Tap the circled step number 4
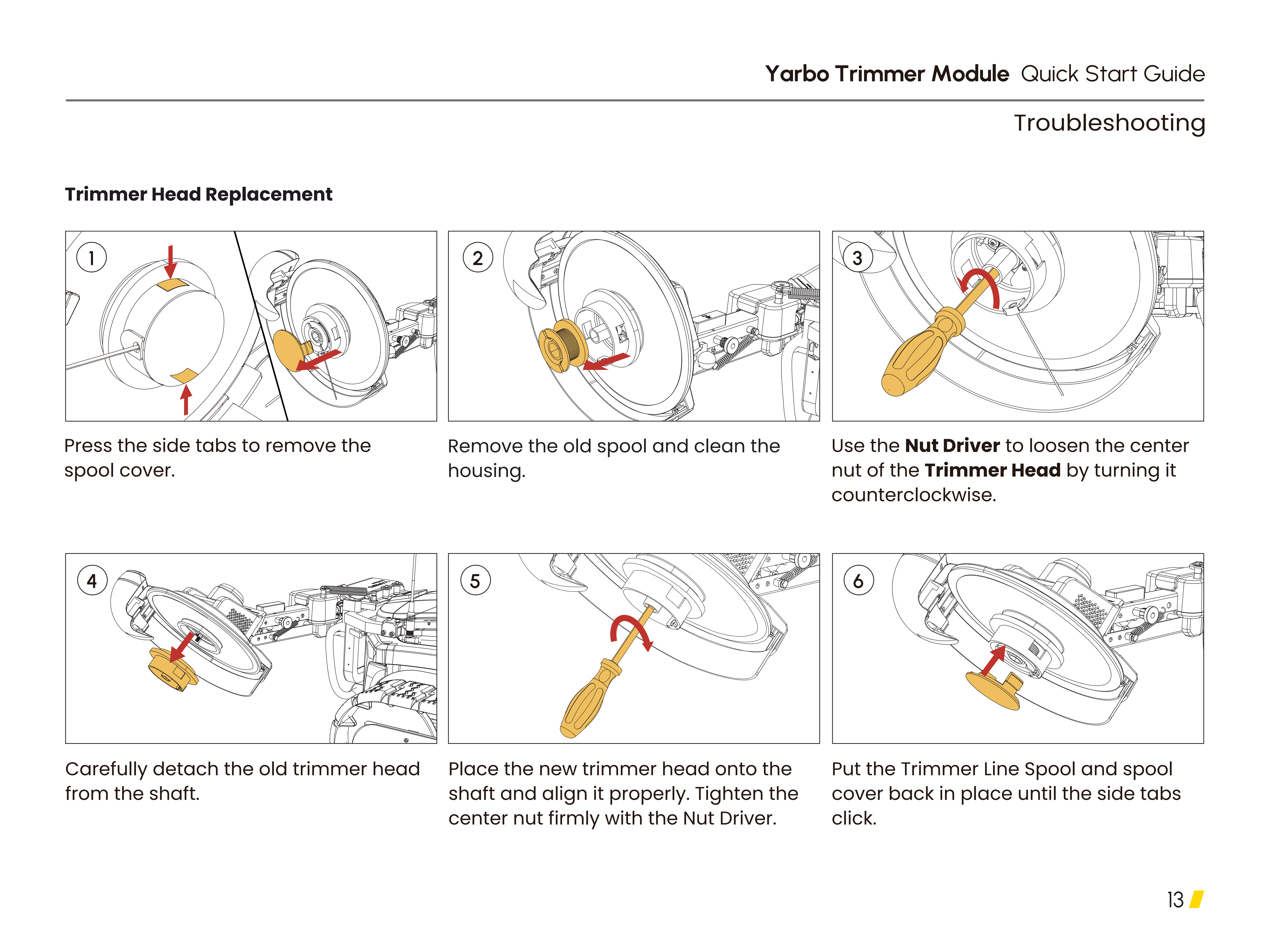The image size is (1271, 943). [x=92, y=580]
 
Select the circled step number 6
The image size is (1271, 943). [x=858, y=580]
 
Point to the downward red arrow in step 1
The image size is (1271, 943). [x=170, y=261]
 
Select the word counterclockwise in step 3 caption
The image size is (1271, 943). [x=914, y=495]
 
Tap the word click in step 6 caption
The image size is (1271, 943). [x=854, y=818]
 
